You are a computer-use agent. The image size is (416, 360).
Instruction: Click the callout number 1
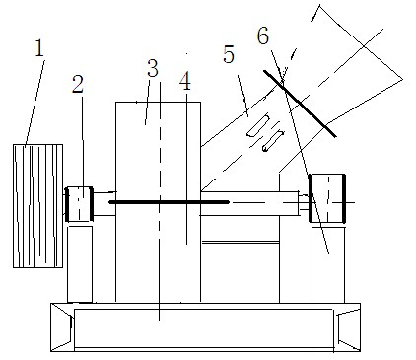click(39, 48)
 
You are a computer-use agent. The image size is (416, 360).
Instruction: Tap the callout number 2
click(78, 84)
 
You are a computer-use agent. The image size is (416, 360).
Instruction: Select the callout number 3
click(152, 68)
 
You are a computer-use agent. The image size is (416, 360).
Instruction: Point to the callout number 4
click(185, 82)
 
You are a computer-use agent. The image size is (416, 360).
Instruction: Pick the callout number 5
click(229, 54)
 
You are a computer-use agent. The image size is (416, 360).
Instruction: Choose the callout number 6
click(263, 36)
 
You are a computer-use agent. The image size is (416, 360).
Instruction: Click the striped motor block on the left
click(37, 206)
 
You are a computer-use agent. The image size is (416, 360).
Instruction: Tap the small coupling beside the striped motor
click(79, 204)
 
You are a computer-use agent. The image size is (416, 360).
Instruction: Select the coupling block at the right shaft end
click(327, 198)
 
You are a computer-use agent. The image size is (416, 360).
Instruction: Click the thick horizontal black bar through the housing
click(169, 202)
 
